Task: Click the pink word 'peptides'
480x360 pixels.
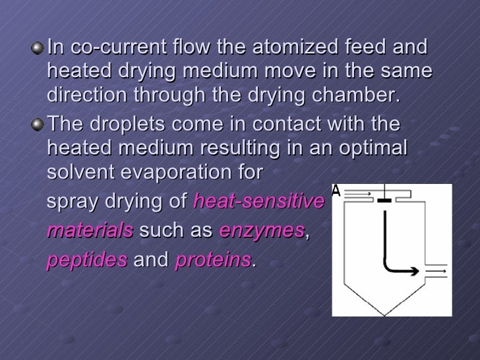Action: (87, 261)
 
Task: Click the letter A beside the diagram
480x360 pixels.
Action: (336, 191)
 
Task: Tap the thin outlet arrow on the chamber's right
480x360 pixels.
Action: (435, 271)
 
